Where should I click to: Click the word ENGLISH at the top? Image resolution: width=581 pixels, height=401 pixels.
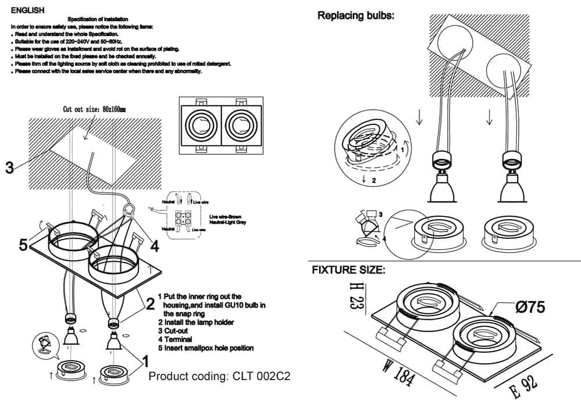pyautogui.click(x=27, y=10)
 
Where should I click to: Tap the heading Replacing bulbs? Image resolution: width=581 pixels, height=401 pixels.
pyautogui.click(x=355, y=16)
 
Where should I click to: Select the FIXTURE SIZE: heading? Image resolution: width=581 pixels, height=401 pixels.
pyautogui.click(x=348, y=270)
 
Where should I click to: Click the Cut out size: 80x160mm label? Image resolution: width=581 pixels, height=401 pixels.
pyautogui.click(x=94, y=109)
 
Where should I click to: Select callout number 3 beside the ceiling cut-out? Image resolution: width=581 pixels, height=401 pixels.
pyautogui.click(x=9, y=169)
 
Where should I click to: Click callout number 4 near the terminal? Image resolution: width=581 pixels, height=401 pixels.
pyautogui.click(x=154, y=246)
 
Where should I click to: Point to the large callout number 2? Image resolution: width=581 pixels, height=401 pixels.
pyautogui.click(x=150, y=303)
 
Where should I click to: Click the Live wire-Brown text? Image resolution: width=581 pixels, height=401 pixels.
pyautogui.click(x=227, y=217)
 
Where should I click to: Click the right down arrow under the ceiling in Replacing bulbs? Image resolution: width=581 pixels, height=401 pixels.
pyautogui.click(x=489, y=118)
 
